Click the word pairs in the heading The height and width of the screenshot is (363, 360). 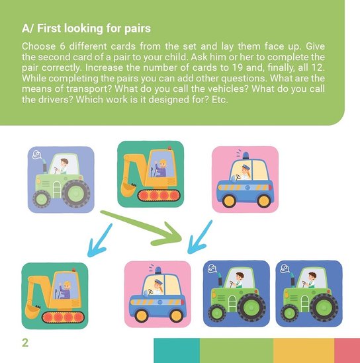[138, 29]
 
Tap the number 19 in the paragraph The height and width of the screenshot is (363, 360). [237, 67]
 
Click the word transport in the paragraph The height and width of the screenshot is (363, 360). [87, 89]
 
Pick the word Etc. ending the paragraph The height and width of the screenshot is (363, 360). [220, 100]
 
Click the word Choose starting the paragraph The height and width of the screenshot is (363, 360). [38, 46]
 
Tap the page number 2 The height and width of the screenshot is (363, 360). [25, 343]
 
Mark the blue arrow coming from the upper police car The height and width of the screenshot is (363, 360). [200, 237]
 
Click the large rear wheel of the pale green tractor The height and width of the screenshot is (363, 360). [77, 194]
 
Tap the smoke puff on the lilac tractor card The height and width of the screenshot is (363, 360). [37, 155]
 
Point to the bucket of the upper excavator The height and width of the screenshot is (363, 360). [129, 189]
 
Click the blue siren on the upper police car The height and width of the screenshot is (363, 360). [246, 155]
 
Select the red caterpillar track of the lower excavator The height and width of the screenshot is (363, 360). [63, 317]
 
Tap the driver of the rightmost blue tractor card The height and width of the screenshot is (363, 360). [311, 280]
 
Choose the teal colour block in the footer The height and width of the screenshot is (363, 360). [177, 350]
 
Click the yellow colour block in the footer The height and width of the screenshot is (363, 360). [304, 350]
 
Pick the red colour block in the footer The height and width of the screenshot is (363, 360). [347, 350]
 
